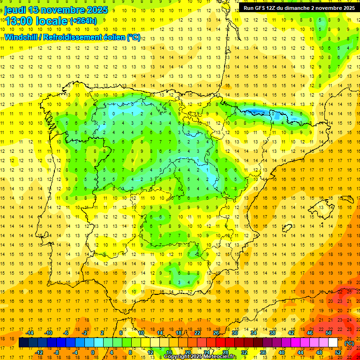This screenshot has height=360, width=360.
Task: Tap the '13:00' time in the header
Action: point(18,21)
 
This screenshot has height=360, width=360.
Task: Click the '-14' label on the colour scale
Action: point(30,333)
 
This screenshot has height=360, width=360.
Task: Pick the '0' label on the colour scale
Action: point(92,352)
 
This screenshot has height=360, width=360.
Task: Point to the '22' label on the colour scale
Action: point(197,333)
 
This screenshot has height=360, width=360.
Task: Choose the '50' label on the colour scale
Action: point(328,333)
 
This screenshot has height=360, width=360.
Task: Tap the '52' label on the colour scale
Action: point(337,352)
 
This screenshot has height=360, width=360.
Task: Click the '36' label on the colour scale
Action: point(262,352)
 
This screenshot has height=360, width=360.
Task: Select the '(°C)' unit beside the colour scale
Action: point(349,343)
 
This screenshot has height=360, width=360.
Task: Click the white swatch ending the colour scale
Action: point(333,343)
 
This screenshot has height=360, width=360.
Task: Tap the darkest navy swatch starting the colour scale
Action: point(23,343)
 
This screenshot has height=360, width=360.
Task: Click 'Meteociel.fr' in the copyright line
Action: point(218,357)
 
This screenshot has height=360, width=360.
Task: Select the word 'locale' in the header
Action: point(51,21)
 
